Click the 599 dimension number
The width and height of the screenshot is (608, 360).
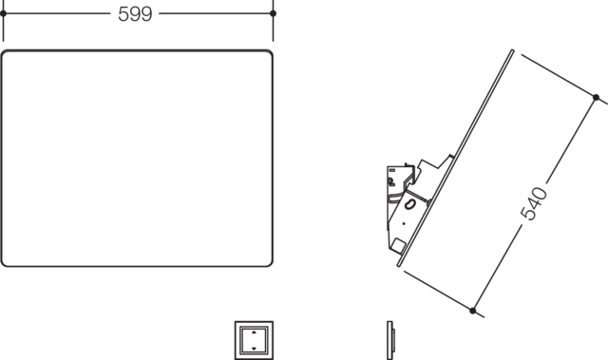(135, 14)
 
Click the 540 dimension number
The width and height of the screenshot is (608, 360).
(534, 203)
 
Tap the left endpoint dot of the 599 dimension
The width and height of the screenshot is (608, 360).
(3, 13)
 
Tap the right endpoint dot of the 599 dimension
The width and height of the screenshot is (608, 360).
(273, 13)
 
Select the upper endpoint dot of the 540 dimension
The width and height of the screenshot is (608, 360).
(596, 97)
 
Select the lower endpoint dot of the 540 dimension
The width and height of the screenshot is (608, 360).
(473, 311)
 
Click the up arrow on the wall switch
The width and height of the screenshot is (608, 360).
(254, 332)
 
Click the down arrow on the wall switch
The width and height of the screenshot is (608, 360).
(254, 349)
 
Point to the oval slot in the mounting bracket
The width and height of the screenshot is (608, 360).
(409, 204)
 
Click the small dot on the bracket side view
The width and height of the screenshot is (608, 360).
(404, 223)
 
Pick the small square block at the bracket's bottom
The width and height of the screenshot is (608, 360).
(397, 246)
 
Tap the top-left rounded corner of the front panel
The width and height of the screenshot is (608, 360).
(5, 53)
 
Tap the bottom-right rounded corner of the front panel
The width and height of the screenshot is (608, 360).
(270, 263)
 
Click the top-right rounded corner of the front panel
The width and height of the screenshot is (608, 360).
(270, 53)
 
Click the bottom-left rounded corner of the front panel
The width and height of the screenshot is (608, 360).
(5, 263)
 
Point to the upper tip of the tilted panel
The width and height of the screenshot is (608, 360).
(513, 50)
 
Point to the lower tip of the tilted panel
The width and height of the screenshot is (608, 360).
(398, 265)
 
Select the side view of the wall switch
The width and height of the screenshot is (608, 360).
(390, 340)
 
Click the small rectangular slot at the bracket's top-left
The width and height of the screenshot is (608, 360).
(392, 170)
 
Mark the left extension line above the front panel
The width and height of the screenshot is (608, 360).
(3, 21)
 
